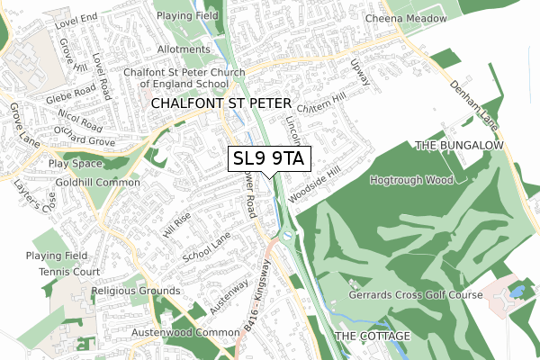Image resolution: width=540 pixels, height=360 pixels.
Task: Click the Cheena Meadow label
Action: (406, 19)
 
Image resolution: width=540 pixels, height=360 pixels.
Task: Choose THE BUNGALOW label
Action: (462, 145)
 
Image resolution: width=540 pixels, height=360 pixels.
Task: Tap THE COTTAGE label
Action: (372, 336)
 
